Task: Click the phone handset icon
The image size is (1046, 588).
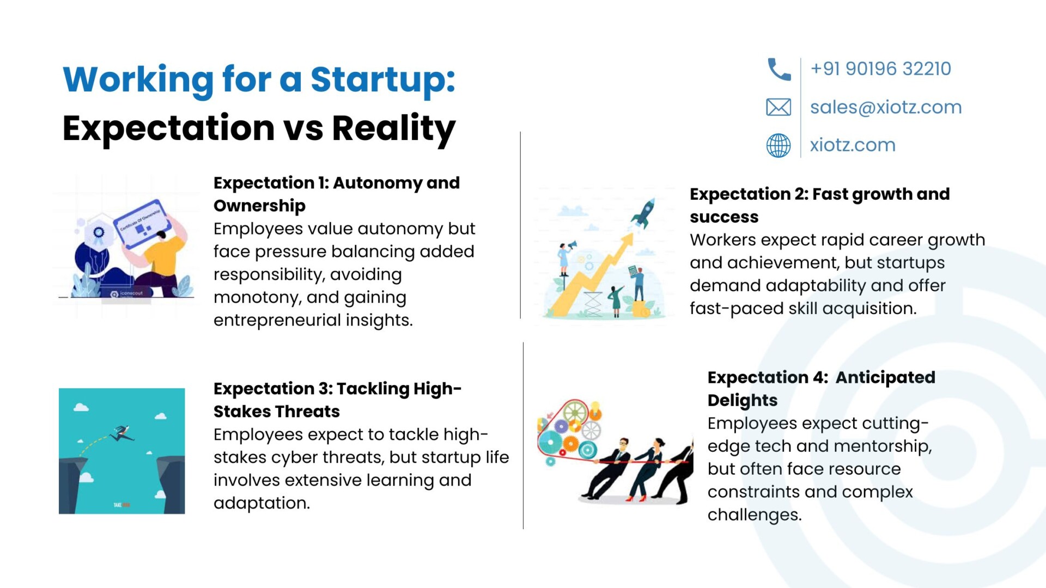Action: pyautogui.click(x=779, y=69)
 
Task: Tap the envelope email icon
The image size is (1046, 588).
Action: pyautogui.click(x=779, y=107)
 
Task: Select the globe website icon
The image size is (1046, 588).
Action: pyautogui.click(x=779, y=145)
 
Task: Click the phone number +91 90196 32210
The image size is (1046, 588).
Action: pyautogui.click(x=880, y=69)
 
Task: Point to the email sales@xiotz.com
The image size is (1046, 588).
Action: pyautogui.click(x=886, y=107)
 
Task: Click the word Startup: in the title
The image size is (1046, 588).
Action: pyautogui.click(x=383, y=80)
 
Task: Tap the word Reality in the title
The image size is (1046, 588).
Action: pyautogui.click(x=394, y=129)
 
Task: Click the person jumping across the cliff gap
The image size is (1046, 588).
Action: pyautogui.click(x=121, y=433)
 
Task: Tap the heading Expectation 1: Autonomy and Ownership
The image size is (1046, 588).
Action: pyautogui.click(x=337, y=194)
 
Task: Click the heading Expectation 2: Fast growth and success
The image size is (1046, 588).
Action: pyautogui.click(x=819, y=205)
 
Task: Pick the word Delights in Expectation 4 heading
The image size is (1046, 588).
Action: pyautogui.click(x=743, y=401)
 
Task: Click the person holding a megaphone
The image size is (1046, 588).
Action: pyautogui.click(x=565, y=259)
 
